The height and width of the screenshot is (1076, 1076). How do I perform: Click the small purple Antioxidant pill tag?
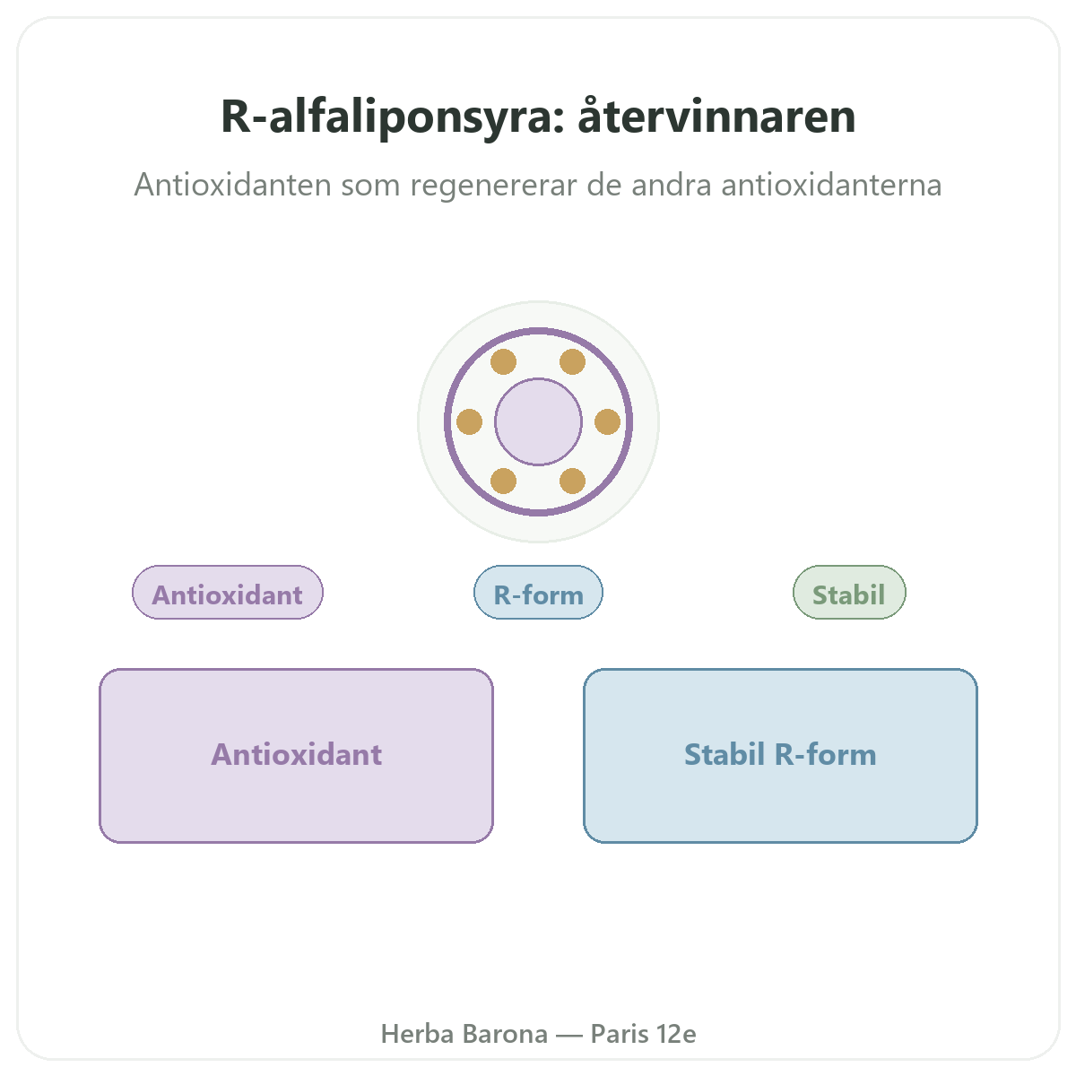pos(227,592)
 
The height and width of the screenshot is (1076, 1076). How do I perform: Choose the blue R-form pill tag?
pos(538,592)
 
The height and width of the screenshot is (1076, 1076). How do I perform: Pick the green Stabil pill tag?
pos(849,592)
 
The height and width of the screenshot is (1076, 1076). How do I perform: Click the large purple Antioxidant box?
pos(296,756)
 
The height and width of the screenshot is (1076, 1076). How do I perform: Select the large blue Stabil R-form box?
pos(780,756)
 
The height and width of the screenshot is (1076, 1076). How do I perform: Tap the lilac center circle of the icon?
pos(538,421)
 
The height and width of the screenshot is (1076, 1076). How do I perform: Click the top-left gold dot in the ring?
pos(503,362)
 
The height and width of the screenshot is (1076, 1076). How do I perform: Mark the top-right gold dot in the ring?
pos(572,362)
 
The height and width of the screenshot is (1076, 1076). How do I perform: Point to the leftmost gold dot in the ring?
pos(469,421)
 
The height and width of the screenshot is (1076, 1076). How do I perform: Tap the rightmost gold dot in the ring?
pos(608,421)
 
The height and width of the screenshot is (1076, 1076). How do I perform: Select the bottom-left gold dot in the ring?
pos(503,482)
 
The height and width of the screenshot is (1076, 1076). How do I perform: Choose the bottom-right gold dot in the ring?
pos(572,482)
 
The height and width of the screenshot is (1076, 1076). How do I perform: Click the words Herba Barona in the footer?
pos(464,1034)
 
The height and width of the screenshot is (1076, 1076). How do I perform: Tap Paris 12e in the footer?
pos(643,1034)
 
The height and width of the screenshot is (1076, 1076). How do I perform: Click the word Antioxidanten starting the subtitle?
pos(233,185)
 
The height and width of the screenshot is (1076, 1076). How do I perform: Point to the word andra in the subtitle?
pos(672,185)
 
